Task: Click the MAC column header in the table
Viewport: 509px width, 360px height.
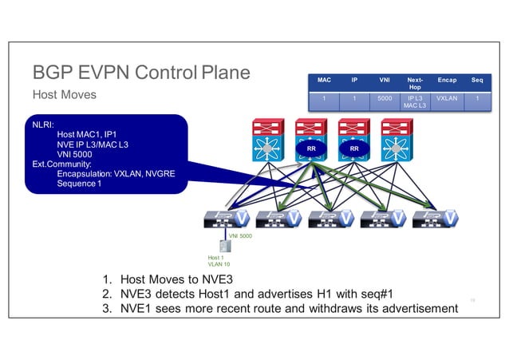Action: pyautogui.click(x=324, y=81)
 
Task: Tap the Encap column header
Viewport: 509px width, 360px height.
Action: pyautogui.click(x=447, y=81)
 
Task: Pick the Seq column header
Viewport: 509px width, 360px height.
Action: pyautogui.click(x=476, y=81)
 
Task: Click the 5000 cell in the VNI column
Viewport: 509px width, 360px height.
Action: pyautogui.click(x=385, y=99)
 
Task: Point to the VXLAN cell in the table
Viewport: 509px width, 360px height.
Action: pyautogui.click(x=447, y=99)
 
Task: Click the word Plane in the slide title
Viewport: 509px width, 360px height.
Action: pyautogui.click(x=225, y=73)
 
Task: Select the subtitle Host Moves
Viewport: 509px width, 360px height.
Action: pyautogui.click(x=64, y=95)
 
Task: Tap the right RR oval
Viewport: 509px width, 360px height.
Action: pyautogui.click(x=353, y=149)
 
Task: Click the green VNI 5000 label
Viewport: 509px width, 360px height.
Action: pyautogui.click(x=240, y=237)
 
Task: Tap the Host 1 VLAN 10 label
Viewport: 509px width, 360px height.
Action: pyautogui.click(x=218, y=261)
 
